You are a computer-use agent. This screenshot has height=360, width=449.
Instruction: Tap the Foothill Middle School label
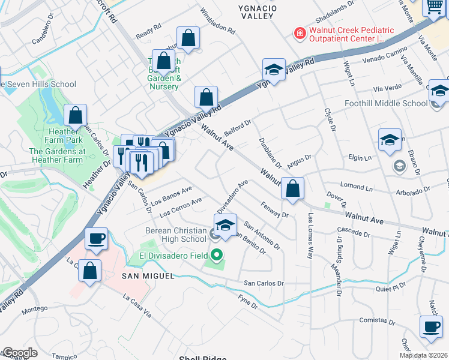coord(385,103)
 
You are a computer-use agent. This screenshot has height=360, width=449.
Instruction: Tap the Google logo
coord(20,353)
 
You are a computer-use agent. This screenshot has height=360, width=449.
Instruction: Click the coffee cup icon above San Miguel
coord(96,238)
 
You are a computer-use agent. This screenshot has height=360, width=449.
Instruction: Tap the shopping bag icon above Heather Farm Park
coord(76,115)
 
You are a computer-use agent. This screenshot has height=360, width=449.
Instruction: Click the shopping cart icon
coord(435,7)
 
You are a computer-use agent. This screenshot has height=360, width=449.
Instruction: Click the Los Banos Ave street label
coord(172,194)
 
